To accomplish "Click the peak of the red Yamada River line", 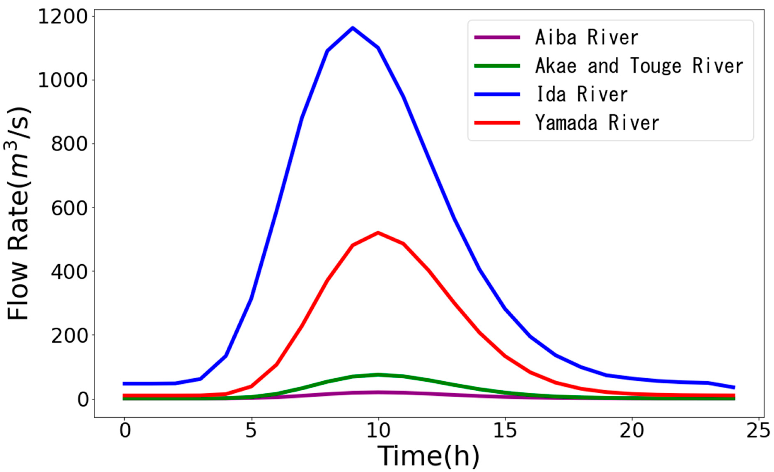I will (378, 233).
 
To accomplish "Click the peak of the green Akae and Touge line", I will (378, 375).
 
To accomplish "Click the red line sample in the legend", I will (497, 123).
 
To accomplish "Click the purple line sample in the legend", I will (497, 37).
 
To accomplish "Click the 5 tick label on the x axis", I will (251, 431).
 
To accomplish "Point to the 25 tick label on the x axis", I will (758, 431).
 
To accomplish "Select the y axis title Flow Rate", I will (19, 214).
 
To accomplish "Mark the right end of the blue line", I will (734, 387).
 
